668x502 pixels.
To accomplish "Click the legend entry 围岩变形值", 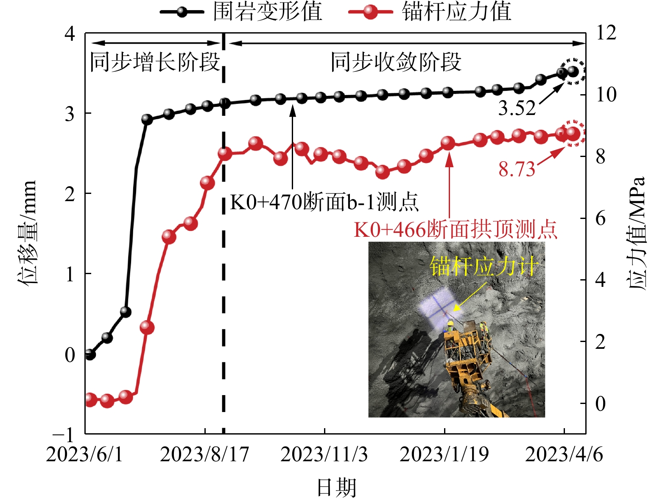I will [267, 11].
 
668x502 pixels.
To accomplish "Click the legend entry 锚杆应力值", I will [456, 11].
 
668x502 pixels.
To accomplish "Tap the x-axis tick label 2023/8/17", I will [204, 454].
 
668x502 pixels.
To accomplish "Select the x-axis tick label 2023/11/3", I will [324, 454].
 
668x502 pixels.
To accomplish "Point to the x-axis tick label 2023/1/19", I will [444, 454].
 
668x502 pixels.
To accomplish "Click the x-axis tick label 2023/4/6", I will [564, 454].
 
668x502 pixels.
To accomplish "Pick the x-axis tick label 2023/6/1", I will [84, 454].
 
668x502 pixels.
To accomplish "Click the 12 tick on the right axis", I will [606, 33].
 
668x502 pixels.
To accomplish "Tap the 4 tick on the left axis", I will [70, 33].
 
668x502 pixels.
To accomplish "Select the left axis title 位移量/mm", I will [28, 233].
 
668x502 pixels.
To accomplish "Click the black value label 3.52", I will [517, 109].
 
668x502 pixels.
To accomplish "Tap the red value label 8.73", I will [517, 170].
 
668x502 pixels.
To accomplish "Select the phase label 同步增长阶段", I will [155, 62].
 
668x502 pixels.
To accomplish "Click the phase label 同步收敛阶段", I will [396, 62].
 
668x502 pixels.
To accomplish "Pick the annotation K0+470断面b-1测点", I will [324, 202].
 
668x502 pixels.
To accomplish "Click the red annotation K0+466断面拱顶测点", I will [456, 230].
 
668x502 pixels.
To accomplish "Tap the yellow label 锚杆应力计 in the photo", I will [484, 266].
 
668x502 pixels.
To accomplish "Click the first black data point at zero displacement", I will [90, 354].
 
